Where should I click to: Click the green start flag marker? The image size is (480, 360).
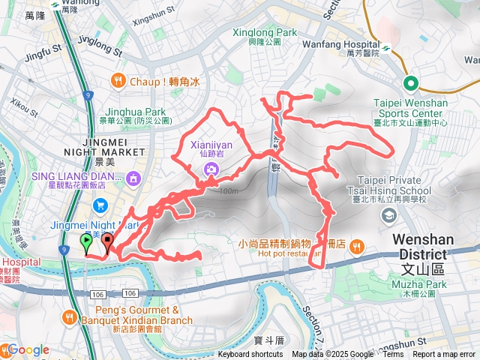coord(86,241)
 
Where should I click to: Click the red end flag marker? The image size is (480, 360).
coord(107,241)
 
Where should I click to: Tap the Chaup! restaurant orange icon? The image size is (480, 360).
coord(118,80)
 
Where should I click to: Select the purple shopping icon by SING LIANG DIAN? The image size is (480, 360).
coord(133,178)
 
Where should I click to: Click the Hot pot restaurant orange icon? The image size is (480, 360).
coord(355,245)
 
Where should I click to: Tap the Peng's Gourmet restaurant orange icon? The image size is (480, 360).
coord(70,316)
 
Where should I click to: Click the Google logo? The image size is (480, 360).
coord(28,349)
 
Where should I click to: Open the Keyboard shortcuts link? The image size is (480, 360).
coord(250,355)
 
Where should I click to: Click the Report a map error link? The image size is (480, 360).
coord(445,355)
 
